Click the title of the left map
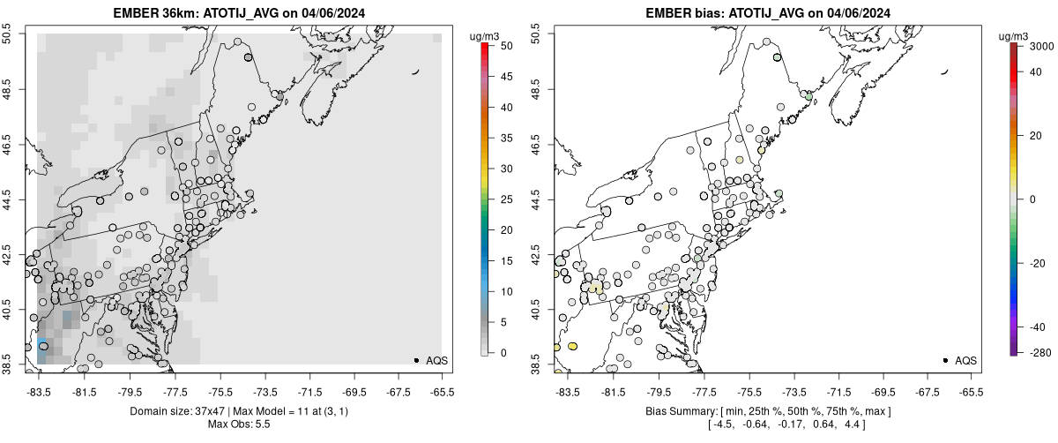pos(238,13)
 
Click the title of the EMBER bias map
pos(756,13)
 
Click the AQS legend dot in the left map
pos(416,360)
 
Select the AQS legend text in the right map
pos(965,360)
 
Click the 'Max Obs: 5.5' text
pos(238,425)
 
